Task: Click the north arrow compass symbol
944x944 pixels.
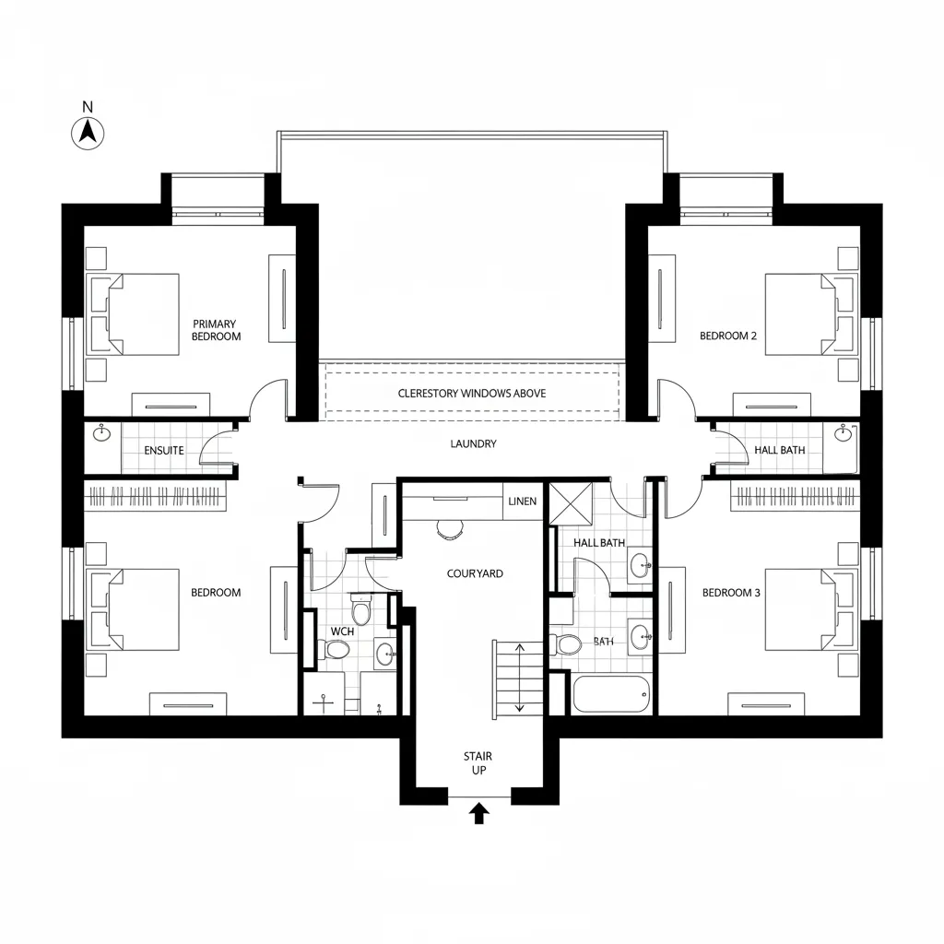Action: point(88,133)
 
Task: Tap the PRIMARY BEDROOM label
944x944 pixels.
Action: point(215,330)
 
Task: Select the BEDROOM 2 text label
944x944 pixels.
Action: point(727,336)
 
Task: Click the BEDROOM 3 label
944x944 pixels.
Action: point(730,593)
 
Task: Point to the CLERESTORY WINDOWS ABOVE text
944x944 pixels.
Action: point(471,393)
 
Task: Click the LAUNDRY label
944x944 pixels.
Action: point(473,443)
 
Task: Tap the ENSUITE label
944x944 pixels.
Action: point(164,450)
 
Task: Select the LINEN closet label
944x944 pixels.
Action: point(521,501)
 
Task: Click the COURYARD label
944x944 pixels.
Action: point(475,573)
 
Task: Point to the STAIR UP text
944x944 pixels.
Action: point(478,762)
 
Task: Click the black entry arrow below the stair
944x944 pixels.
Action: point(478,812)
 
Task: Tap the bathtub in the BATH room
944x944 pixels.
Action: point(611,694)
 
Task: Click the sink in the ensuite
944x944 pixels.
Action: point(101,433)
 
